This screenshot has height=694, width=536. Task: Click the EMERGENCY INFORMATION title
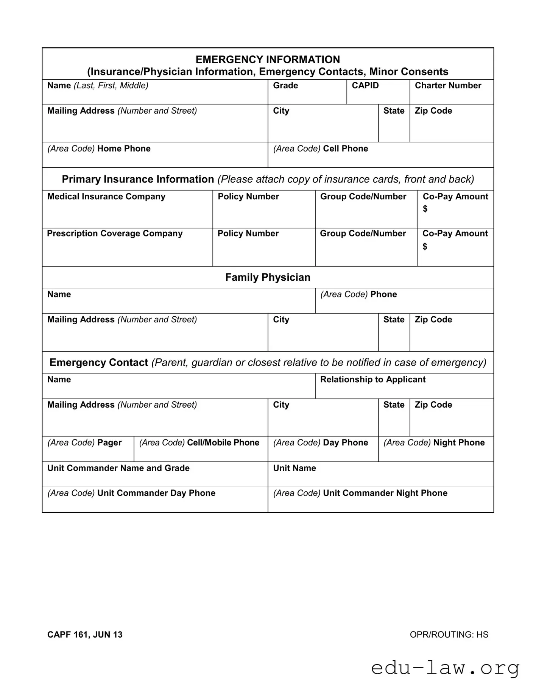[268, 59]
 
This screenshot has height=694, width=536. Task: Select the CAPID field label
[365, 86]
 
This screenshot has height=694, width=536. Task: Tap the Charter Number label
[448, 86]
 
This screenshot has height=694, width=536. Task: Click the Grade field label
[285, 86]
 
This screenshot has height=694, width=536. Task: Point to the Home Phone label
[123, 148]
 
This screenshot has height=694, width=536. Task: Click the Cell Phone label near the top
[345, 148]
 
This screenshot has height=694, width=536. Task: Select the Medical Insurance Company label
[106, 197]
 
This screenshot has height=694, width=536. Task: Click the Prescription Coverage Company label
[115, 233]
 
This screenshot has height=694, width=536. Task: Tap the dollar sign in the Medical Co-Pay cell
[425, 209]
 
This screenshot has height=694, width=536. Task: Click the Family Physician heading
[268, 277]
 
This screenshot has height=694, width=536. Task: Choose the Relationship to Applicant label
[373, 380]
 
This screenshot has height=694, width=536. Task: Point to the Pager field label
[109, 443]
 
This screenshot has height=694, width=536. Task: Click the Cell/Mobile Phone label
[223, 443]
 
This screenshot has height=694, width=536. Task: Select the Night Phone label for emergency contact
[459, 443]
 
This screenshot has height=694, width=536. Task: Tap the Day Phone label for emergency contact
[345, 443]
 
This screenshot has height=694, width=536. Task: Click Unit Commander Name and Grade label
[118, 468]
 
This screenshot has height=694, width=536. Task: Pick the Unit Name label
[294, 468]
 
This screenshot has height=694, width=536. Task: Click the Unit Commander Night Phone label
[385, 493]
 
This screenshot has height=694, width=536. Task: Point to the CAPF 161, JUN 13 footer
[85, 635]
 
